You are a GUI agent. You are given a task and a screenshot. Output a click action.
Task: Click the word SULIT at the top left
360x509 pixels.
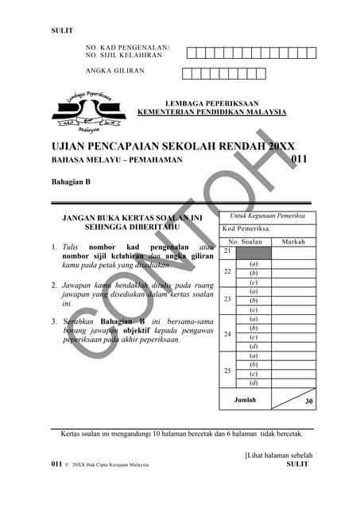click(x=62, y=30)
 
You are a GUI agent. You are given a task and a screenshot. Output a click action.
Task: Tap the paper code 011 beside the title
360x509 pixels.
click(x=299, y=160)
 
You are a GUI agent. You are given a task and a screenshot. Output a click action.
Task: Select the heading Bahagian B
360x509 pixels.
click(x=71, y=182)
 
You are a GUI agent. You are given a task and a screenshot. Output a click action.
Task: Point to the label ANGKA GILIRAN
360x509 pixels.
click(x=115, y=71)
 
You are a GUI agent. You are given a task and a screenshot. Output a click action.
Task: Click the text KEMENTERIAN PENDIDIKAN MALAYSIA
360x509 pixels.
click(x=212, y=112)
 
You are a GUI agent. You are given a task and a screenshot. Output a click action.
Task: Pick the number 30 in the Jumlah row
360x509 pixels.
click(x=309, y=402)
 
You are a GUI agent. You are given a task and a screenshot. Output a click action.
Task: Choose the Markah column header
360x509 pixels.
click(x=293, y=242)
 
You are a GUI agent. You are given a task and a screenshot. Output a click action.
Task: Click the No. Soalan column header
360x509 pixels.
click(x=245, y=242)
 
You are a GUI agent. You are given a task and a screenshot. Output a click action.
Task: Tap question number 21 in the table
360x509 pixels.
click(x=227, y=251)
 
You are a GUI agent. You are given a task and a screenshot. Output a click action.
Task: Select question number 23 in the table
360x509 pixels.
click(x=227, y=300)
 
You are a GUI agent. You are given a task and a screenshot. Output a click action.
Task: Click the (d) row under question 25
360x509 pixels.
click(x=254, y=383)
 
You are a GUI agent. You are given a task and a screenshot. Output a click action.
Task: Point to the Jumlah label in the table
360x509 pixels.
click(x=245, y=400)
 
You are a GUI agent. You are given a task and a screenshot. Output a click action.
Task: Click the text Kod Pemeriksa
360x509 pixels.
click(x=246, y=228)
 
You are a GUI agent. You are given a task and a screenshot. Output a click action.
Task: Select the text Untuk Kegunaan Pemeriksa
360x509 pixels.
click(x=267, y=216)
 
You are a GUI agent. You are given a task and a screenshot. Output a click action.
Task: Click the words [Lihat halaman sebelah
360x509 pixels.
click(x=278, y=456)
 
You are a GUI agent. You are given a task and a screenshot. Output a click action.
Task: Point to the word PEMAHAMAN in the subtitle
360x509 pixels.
click(x=157, y=161)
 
